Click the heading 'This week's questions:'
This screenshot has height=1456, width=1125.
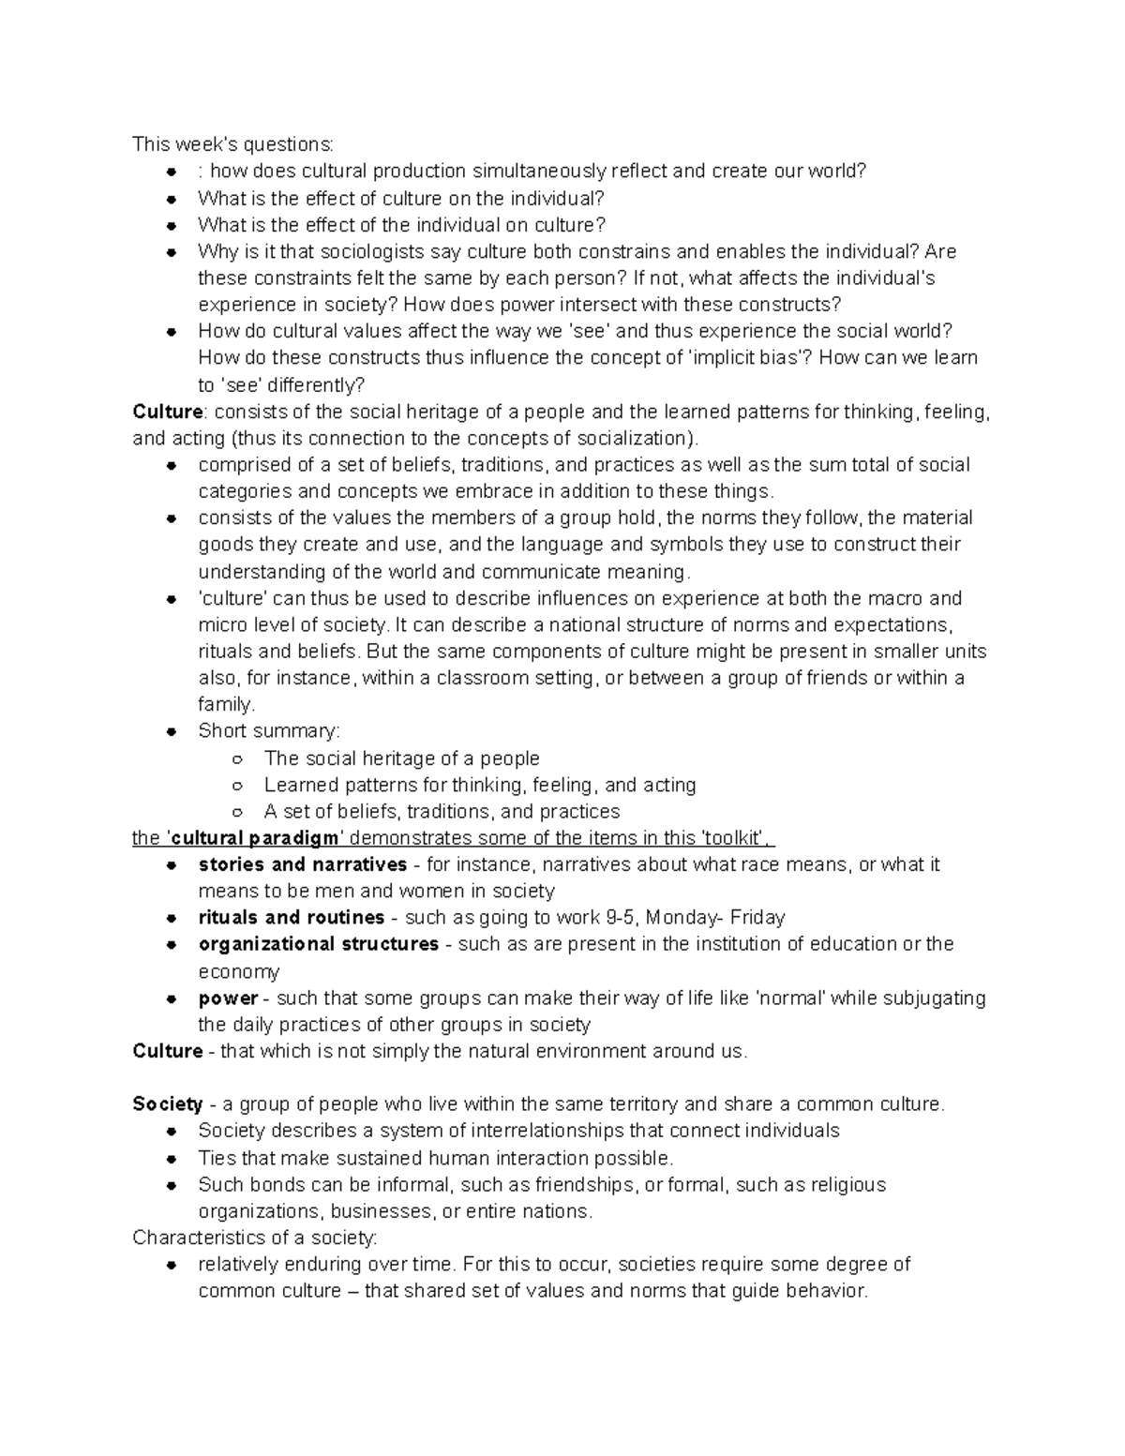(232, 144)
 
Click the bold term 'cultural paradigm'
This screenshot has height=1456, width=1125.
(252, 838)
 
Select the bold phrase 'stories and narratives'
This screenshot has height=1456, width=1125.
(302, 864)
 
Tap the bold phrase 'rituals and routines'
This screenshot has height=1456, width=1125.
(291, 917)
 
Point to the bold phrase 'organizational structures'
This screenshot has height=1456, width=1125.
(318, 944)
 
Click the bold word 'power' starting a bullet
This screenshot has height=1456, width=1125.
(228, 998)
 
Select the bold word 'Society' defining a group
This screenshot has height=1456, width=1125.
(167, 1104)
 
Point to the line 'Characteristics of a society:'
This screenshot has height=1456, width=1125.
(254, 1238)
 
